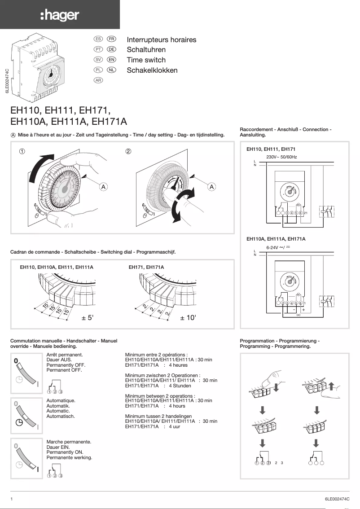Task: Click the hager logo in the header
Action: [60, 16]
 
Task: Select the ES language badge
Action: [98, 39]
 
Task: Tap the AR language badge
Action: [98, 80]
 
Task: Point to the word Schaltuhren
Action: [146, 50]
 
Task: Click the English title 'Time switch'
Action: [146, 60]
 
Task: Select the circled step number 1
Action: [21, 151]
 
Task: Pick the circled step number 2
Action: [128, 151]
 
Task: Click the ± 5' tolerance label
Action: [87, 318]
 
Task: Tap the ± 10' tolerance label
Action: [188, 318]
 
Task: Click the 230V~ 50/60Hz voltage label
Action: [281, 157]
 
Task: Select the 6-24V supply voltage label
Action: [278, 247]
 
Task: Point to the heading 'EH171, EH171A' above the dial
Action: [146, 267]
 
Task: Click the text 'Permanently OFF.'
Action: [66, 365]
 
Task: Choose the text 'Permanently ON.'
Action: [65, 452]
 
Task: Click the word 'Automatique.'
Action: [61, 400]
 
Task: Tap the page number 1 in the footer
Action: [12, 499]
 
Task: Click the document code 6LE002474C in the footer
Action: [337, 499]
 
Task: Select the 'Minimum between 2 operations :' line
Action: [159, 395]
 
